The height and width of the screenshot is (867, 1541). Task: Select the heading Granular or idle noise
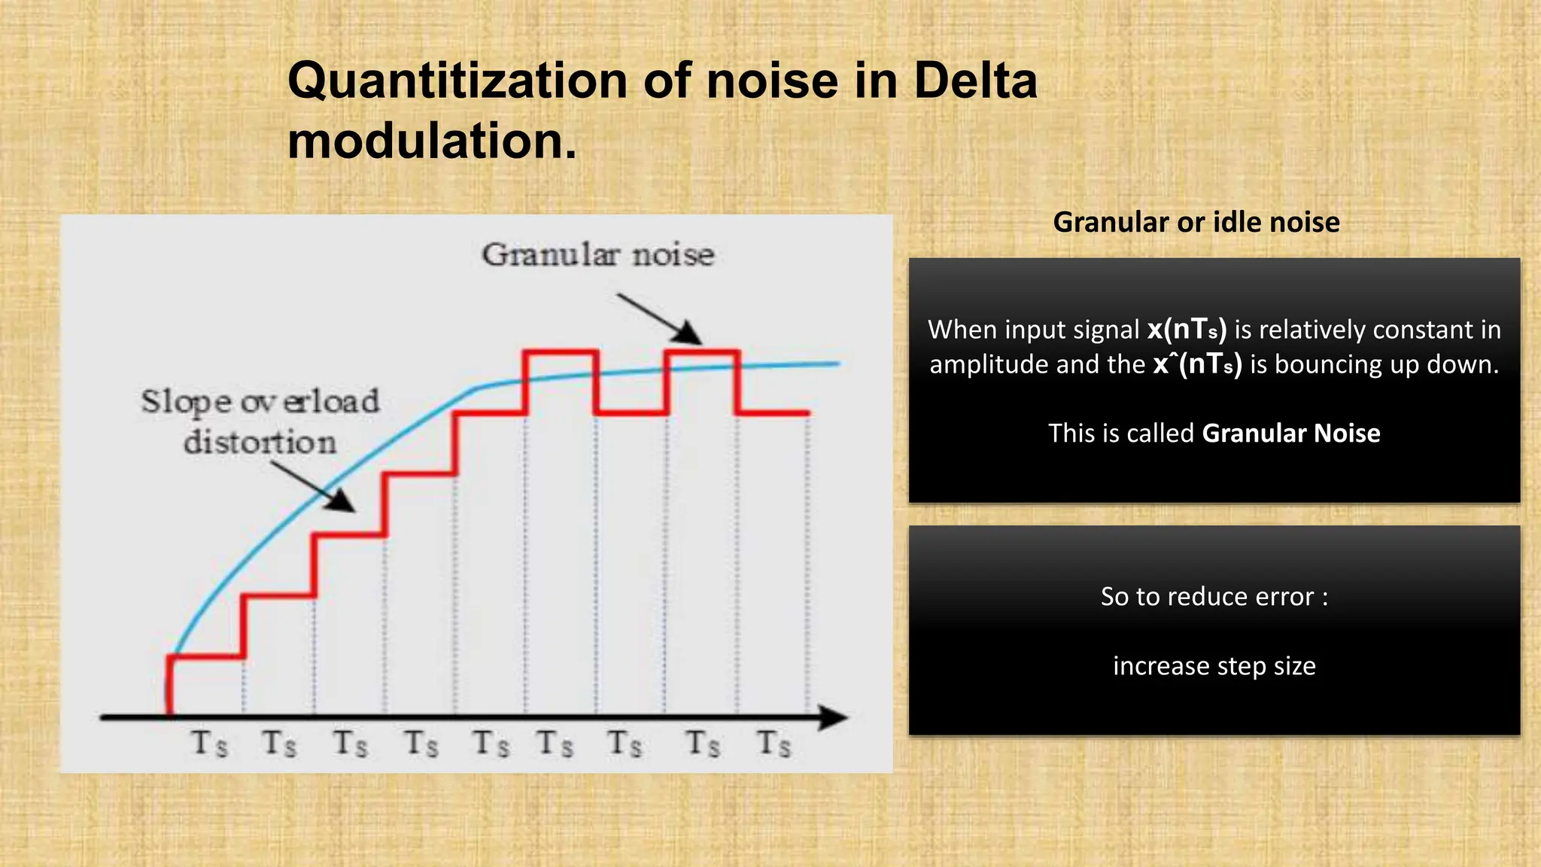(x=1196, y=222)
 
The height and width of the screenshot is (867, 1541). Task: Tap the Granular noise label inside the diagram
(x=598, y=255)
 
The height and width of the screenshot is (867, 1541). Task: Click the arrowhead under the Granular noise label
(x=688, y=333)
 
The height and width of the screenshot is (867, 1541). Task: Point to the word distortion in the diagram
(x=260, y=442)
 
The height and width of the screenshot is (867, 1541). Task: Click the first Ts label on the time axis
(x=208, y=744)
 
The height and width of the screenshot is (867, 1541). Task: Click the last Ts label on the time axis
(x=774, y=744)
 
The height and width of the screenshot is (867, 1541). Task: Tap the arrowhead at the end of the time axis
(x=833, y=717)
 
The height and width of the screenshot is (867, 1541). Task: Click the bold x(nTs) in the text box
(x=1187, y=330)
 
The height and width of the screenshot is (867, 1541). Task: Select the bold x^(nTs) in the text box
(x=1197, y=364)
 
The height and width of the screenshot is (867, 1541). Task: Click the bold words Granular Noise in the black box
(x=1290, y=433)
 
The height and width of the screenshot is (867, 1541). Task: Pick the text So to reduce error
(x=1214, y=597)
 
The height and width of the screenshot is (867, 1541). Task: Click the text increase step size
(x=1214, y=666)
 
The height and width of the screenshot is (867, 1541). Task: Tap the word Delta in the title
(x=975, y=81)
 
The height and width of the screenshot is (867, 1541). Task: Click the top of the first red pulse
(x=561, y=351)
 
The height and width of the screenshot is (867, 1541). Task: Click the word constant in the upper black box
(x=1411, y=330)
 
